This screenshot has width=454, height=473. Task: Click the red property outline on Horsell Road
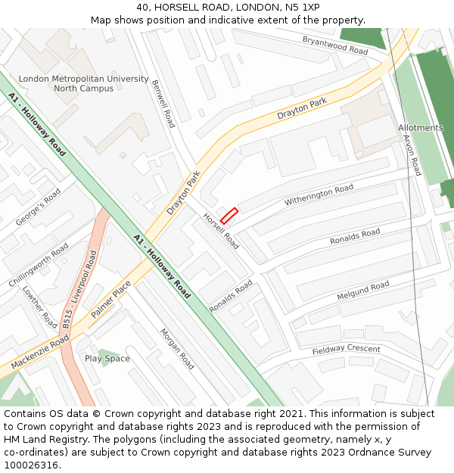pyautogui.click(x=229, y=216)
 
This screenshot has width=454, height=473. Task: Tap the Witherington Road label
pyautogui.click(x=319, y=196)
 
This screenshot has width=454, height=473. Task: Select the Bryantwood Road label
pyautogui.click(x=334, y=45)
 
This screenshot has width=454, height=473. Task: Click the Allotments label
pyautogui.click(x=420, y=128)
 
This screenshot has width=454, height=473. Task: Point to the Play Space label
pyautogui.click(x=107, y=359)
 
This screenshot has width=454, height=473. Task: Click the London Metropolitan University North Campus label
pyautogui.click(x=83, y=83)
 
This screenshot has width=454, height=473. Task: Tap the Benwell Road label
pyautogui.click(x=163, y=104)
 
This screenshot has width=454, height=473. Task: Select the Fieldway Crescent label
pyautogui.click(x=346, y=350)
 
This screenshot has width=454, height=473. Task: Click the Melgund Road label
pyautogui.click(x=362, y=290)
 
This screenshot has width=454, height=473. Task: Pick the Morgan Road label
pyautogui.click(x=176, y=349)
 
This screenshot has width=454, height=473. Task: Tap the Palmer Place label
pyautogui.click(x=111, y=299)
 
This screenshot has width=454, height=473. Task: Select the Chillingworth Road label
pyautogui.click(x=38, y=265)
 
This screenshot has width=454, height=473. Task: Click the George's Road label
pyautogui.click(x=38, y=207)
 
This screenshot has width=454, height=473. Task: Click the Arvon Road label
pyautogui.click(x=412, y=154)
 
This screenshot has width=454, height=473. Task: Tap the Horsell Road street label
pyautogui.click(x=221, y=231)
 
